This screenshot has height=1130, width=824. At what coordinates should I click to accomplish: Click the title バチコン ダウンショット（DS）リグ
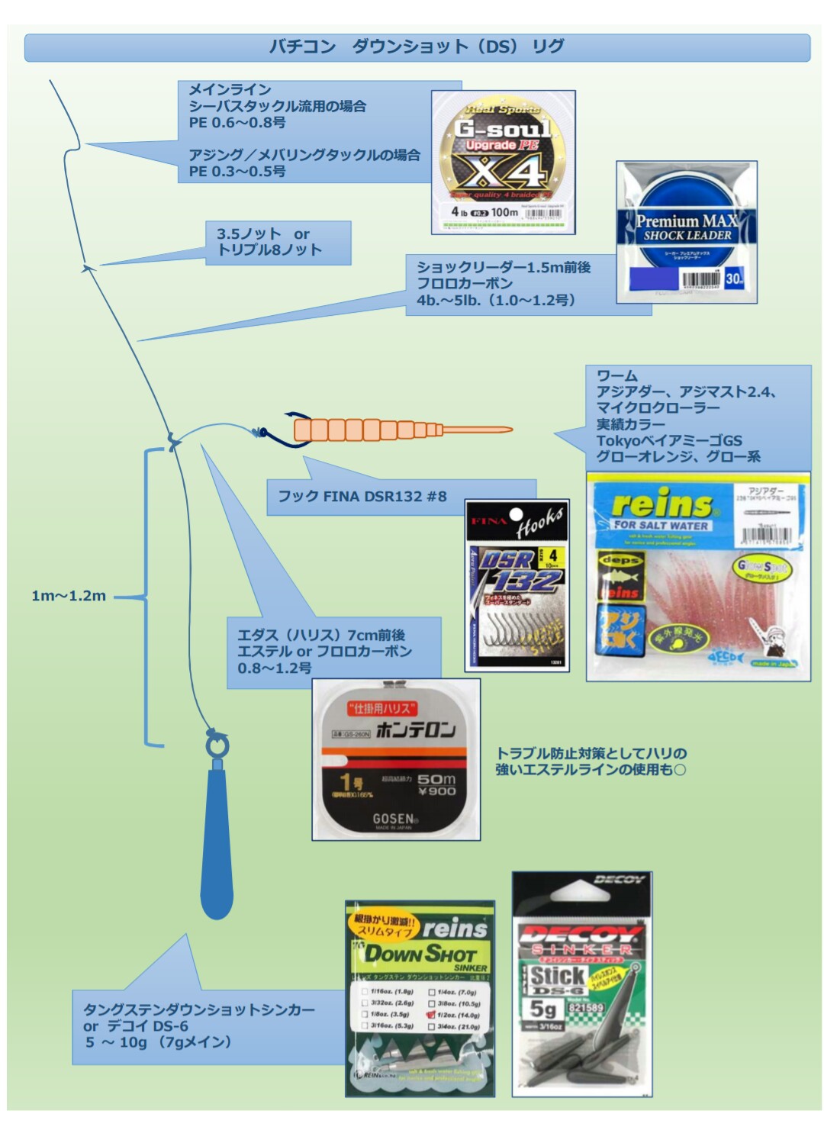pyautogui.click(x=417, y=47)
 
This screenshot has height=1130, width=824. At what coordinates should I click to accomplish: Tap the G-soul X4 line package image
pyautogui.click(x=503, y=162)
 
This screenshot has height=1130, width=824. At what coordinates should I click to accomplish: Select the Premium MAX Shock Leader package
pyautogui.click(x=687, y=232)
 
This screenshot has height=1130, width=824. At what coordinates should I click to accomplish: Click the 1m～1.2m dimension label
pyautogui.click(x=69, y=596)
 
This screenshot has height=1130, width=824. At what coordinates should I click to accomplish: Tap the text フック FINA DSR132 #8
pyautogui.click(x=362, y=497)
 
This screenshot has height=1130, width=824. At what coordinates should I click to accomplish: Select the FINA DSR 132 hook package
pyautogui.click(x=517, y=586)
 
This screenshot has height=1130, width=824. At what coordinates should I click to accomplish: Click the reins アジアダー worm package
pyautogui.click(x=697, y=577)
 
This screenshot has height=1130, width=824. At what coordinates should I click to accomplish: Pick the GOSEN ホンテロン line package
pyautogui.click(x=396, y=760)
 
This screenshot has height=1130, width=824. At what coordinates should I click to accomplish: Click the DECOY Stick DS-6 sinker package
pyautogui.click(x=581, y=984)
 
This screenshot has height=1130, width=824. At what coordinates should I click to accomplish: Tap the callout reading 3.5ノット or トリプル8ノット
pyautogui.click(x=269, y=242)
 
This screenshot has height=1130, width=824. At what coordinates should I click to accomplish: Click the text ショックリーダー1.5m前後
pyautogui.click(x=504, y=267)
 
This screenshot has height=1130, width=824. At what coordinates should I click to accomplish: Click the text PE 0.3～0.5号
pyautogui.click(x=237, y=172)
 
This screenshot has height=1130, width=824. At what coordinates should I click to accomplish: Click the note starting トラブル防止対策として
pyautogui.click(x=591, y=761)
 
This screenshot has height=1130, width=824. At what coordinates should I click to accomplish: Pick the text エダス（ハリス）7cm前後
pyautogui.click(x=321, y=635)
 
